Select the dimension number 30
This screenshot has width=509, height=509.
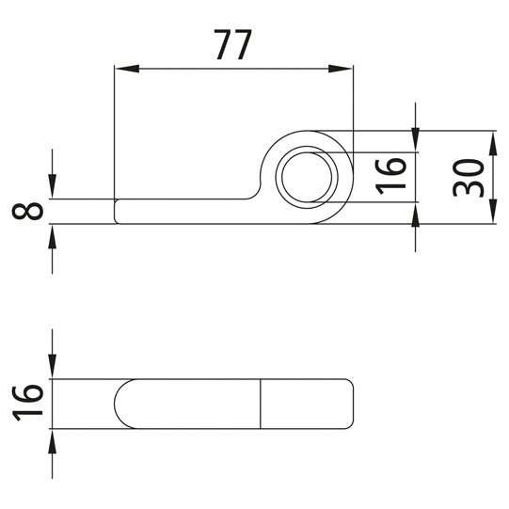click(469, 177)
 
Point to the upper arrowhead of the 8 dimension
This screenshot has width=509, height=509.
click(53, 190)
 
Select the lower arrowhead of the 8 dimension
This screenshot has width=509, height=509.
click(53, 233)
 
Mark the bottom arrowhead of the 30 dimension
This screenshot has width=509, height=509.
click(491, 214)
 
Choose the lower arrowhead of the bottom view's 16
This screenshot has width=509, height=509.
click(53, 437)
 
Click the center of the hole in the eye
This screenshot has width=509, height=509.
click(307, 176)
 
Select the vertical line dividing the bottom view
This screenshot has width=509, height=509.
click(261, 404)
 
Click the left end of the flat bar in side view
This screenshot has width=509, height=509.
click(115, 211)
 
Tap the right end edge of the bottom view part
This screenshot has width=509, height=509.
click(355, 404)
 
